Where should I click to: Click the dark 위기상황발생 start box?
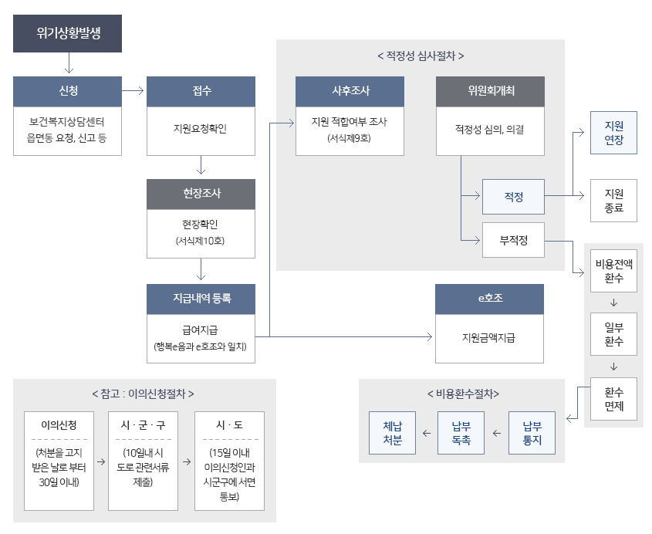pyautogui.click(x=68, y=33)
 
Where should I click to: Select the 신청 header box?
pyautogui.click(x=68, y=91)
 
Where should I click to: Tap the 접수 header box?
pyautogui.click(x=201, y=91)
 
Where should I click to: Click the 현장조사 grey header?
pyautogui.click(x=201, y=194)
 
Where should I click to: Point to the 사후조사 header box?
pyautogui.click(x=350, y=91)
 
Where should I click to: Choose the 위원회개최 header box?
pyautogui.click(x=490, y=91)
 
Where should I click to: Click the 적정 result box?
pyautogui.click(x=513, y=197)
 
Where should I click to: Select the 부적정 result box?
pyautogui.click(x=513, y=241)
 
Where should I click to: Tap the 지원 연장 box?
pyautogui.click(x=614, y=133)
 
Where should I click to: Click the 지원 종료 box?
pyautogui.click(x=614, y=200)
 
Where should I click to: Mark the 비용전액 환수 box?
pyautogui.click(x=614, y=271)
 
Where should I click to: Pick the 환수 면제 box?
pyautogui.click(x=614, y=398)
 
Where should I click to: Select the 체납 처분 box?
pyautogui.click(x=392, y=433)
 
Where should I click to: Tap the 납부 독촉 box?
pyautogui.click(x=461, y=433)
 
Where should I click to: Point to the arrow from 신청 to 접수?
pyautogui.click(x=133, y=91)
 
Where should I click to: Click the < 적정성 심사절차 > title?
pyautogui.click(x=421, y=56)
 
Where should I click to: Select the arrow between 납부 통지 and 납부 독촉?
pyautogui.click(x=496, y=434)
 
